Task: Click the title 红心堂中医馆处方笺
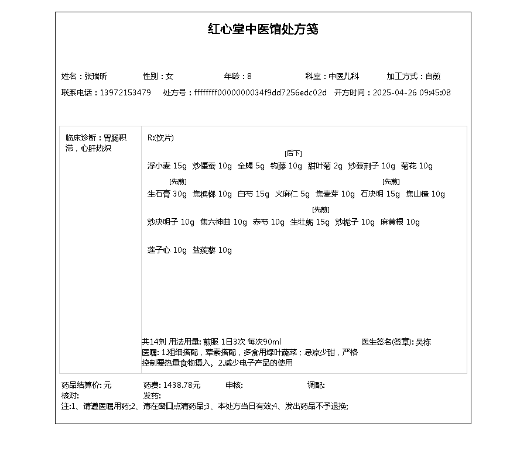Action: (263, 29)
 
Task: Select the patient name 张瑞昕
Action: (95, 76)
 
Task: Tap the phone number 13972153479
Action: (125, 92)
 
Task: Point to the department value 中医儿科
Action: (343, 76)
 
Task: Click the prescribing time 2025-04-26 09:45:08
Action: (412, 92)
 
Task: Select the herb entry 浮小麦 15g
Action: (167, 166)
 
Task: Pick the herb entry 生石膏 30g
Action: (167, 194)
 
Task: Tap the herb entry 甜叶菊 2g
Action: (325, 166)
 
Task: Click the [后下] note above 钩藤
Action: (293, 153)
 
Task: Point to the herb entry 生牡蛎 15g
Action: (310, 222)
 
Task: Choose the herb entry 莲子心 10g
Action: (167, 250)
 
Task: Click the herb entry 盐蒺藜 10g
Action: (212, 250)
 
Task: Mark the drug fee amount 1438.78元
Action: (182, 385)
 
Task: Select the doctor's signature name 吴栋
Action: (423, 342)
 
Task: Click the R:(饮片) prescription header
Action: (160, 138)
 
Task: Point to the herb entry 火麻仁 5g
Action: (292, 194)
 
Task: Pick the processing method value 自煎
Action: (433, 76)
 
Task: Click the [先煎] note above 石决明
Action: (391, 181)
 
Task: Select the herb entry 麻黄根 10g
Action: (400, 222)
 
